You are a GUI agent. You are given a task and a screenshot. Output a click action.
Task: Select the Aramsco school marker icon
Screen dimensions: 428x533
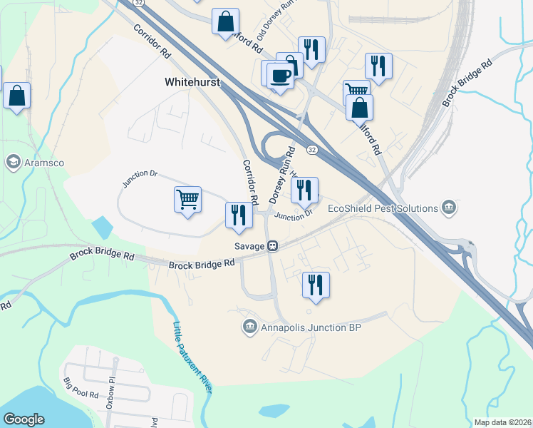point(12,163)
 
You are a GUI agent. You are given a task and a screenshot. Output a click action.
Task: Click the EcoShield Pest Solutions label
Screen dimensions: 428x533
point(383,208)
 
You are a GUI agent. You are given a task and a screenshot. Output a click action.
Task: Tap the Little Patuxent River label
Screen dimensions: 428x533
point(193,357)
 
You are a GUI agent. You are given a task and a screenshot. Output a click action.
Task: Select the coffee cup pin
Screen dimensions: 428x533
point(281,74)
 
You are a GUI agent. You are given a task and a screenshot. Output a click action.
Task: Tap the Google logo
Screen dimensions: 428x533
point(24,419)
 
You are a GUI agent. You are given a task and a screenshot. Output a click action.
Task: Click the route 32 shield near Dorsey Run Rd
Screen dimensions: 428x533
point(312,149)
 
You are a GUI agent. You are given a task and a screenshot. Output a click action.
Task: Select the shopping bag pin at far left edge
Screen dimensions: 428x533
point(16,96)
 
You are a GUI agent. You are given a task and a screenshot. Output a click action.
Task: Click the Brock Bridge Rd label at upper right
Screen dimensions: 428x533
point(467,83)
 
